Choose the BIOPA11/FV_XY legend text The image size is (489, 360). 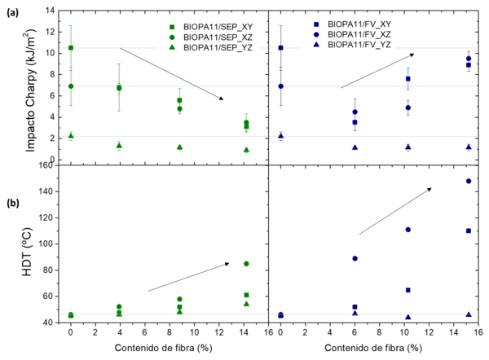tap(359, 24)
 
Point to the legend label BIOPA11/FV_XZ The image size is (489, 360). tap(359, 34)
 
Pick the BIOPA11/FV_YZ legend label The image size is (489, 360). tap(359, 44)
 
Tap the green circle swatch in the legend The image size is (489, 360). tap(173, 38)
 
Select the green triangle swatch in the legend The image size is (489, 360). tap(173, 48)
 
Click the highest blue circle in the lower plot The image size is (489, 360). tap(469, 181)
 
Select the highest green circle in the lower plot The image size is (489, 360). tap(246, 264)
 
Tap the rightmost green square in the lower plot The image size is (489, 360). tap(246, 295)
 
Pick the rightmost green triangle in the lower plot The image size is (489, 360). tap(246, 304)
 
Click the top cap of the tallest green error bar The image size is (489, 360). tap(71, 25)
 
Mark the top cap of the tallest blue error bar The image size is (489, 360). tap(281, 25)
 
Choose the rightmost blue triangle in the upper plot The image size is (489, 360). tap(469, 147)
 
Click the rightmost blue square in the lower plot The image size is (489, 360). tap(469, 231)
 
